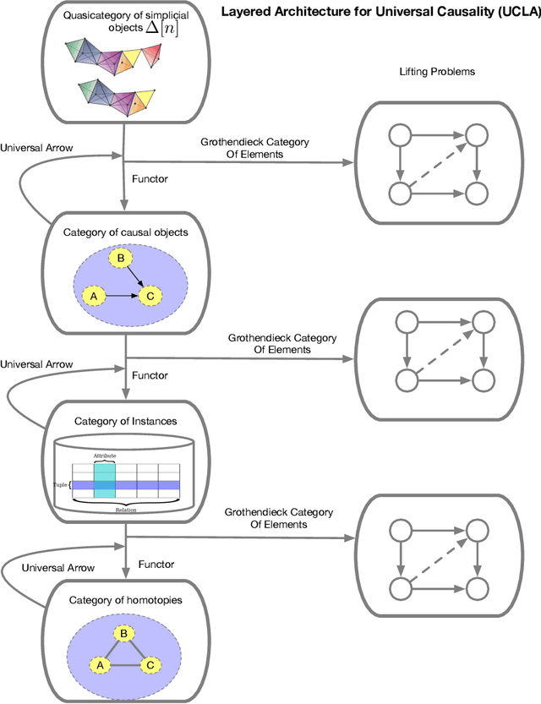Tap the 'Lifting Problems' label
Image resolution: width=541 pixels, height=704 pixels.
[436, 72]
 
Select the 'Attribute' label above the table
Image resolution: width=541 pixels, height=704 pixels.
[104, 456]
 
